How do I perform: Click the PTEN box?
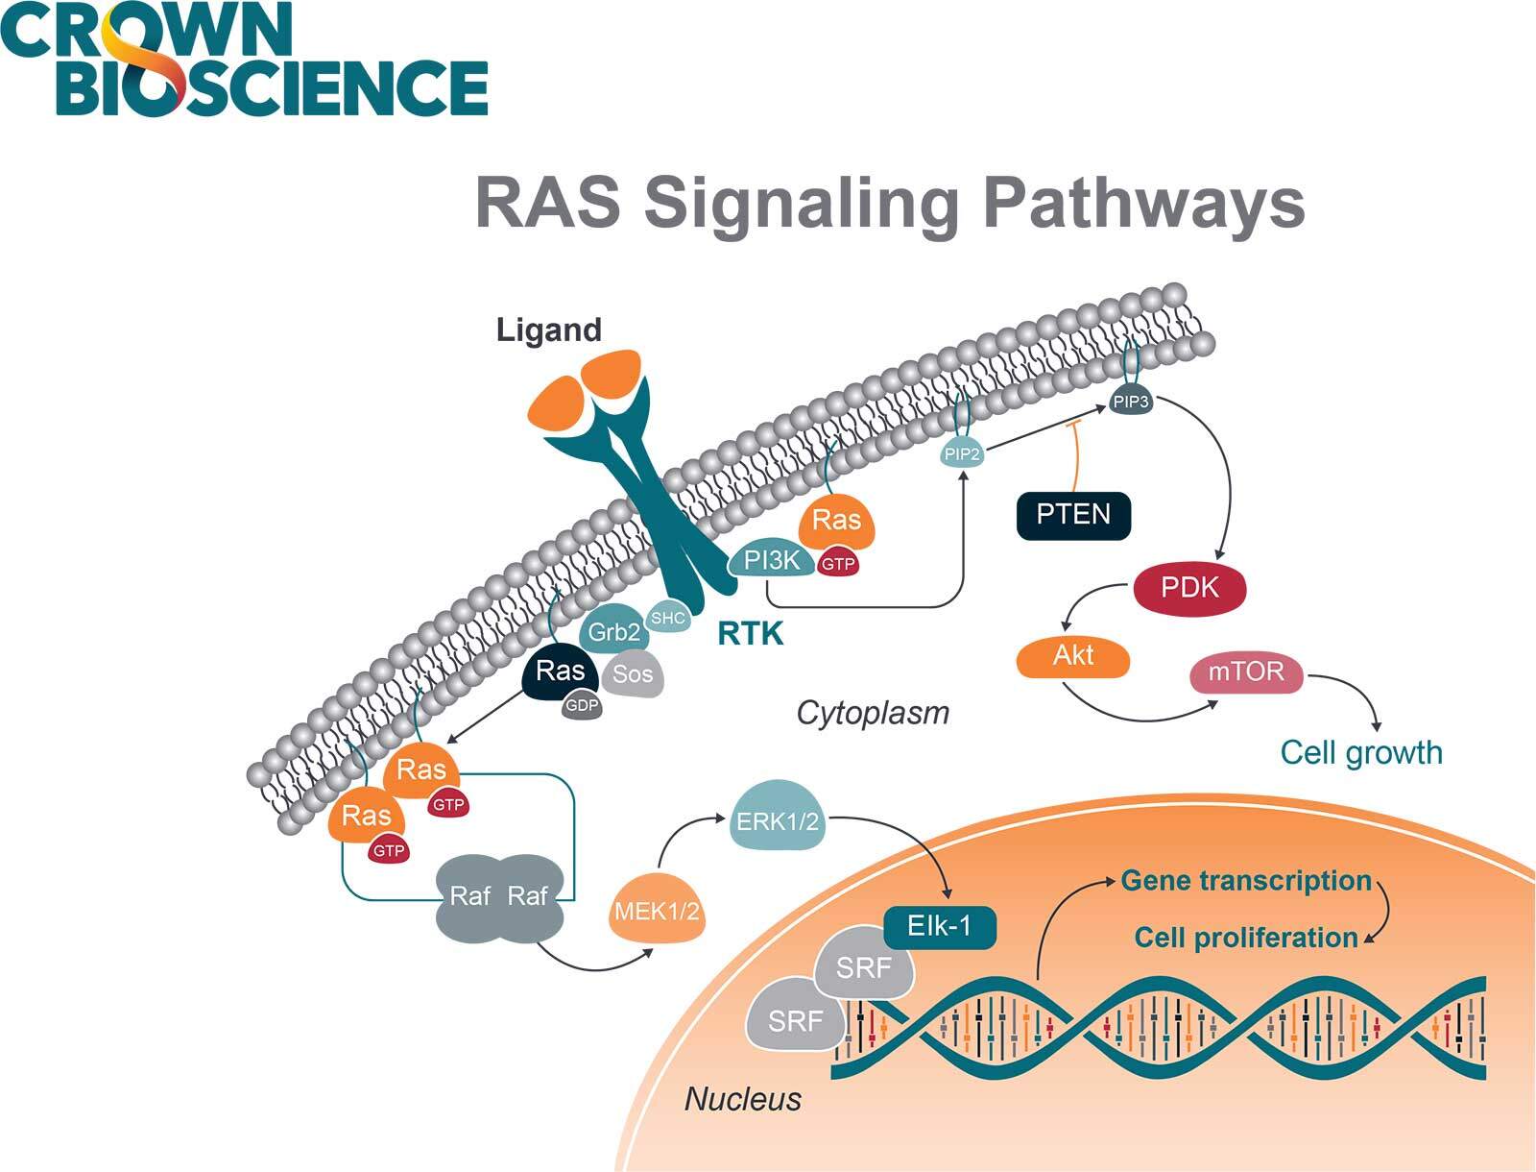(x=1073, y=515)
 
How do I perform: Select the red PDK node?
(x=1189, y=588)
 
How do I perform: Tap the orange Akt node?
(x=1073, y=656)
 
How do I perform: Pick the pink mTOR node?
(x=1246, y=671)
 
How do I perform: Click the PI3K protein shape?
(x=771, y=560)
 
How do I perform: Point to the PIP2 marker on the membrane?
(x=962, y=453)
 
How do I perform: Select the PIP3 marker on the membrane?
(x=1131, y=402)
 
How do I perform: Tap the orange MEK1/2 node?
(x=657, y=910)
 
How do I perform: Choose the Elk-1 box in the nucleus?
(x=939, y=926)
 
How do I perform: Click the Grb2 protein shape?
(x=612, y=631)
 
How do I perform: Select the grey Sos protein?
(x=633, y=674)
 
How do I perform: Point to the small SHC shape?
(x=667, y=618)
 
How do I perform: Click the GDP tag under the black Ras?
(x=582, y=706)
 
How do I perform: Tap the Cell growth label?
(x=1361, y=752)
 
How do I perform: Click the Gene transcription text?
(x=1246, y=880)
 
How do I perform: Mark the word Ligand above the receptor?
(x=548, y=330)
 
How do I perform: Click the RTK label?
(x=751, y=634)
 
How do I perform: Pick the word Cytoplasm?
(x=873, y=713)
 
